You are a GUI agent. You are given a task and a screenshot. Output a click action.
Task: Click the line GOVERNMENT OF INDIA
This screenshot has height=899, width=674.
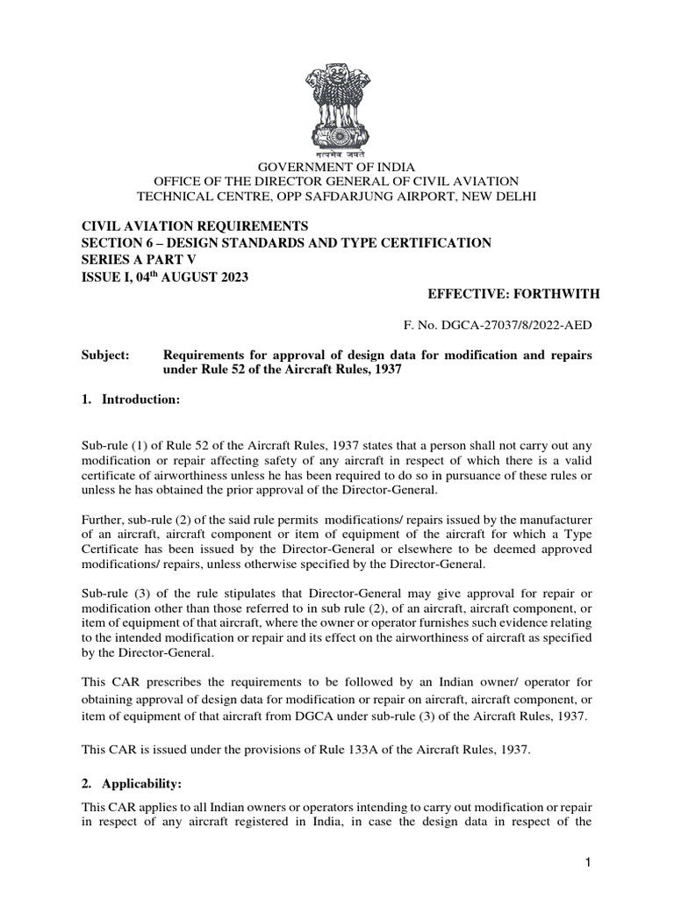point(337,167)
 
